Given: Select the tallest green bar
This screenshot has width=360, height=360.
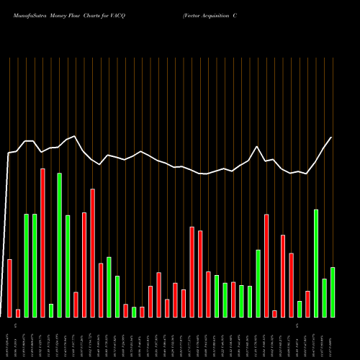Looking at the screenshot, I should (59, 245).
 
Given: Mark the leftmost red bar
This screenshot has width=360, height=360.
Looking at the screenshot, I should (9, 288).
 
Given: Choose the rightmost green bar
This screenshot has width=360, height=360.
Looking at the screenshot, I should (333, 292).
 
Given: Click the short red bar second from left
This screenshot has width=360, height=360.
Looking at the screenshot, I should (18, 312).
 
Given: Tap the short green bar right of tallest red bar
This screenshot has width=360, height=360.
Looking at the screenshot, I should (51, 310).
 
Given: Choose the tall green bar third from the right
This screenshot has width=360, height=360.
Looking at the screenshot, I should (315, 263).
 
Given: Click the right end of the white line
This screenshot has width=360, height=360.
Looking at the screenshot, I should (332, 138).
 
